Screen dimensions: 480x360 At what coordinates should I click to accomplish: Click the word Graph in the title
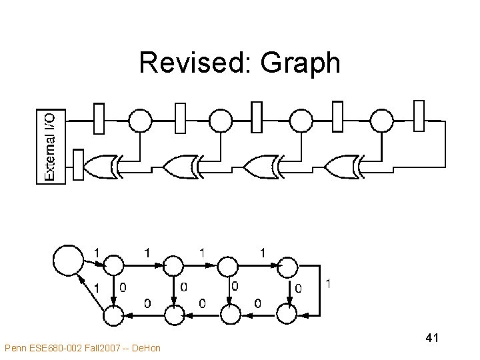point(301,64)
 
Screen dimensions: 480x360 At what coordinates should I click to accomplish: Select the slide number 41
point(431,339)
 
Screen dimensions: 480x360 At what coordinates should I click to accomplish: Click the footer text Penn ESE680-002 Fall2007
point(82,347)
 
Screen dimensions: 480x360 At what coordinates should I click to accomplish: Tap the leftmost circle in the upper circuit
point(140,121)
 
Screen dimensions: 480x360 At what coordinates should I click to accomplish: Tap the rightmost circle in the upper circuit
point(382,121)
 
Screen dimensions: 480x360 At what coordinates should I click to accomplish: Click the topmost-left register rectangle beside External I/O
point(99,119)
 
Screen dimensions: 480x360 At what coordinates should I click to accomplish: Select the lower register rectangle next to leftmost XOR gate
point(78,165)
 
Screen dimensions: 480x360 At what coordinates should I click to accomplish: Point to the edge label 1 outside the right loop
point(327,284)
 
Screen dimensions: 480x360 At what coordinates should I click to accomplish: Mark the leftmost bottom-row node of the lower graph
point(113,313)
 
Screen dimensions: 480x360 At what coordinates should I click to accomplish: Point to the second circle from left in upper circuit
point(221,121)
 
